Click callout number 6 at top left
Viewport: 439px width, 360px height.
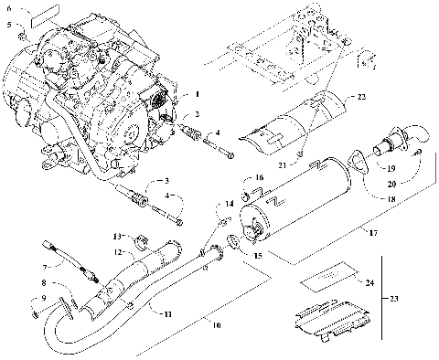click(9, 7)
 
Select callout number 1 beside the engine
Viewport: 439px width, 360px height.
click(195, 94)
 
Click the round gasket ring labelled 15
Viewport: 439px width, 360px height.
click(234, 241)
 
